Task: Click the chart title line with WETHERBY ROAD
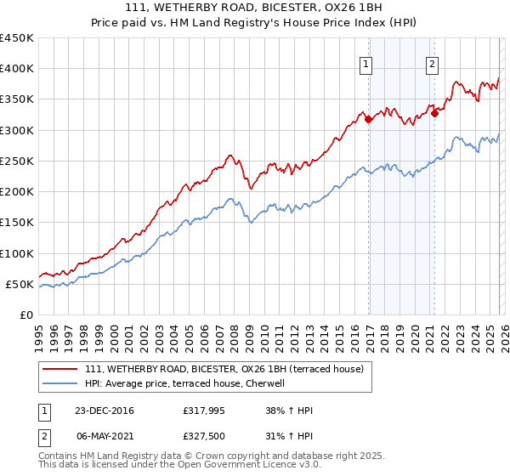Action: (x=255, y=8)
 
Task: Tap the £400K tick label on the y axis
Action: (x=17, y=69)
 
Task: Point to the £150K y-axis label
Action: (x=17, y=223)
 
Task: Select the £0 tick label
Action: (x=25, y=314)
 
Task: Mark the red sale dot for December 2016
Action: (x=369, y=120)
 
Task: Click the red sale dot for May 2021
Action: (x=434, y=113)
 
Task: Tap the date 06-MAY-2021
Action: (x=103, y=435)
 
